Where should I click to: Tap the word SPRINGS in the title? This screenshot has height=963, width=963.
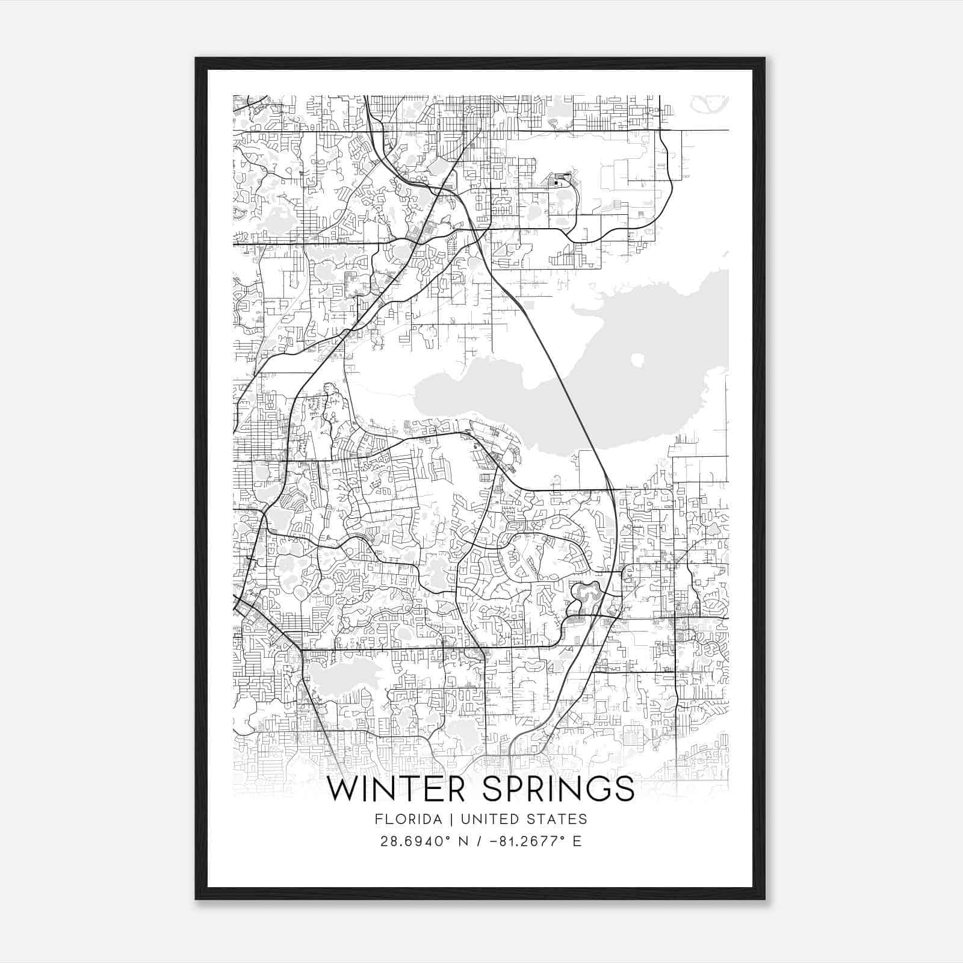[559, 790]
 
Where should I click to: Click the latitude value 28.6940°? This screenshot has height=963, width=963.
[415, 841]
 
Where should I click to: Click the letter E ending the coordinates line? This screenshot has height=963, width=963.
[577, 841]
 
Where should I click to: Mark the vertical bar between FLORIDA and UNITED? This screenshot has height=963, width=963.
[444, 819]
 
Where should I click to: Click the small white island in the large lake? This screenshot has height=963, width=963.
[637, 361]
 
